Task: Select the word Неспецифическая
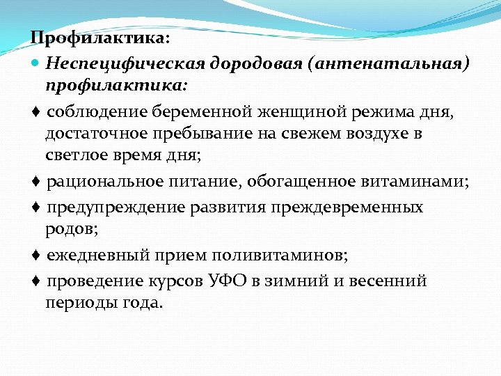pos(118,63)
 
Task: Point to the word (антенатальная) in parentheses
pos(392,63)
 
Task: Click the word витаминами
pos(414,182)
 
